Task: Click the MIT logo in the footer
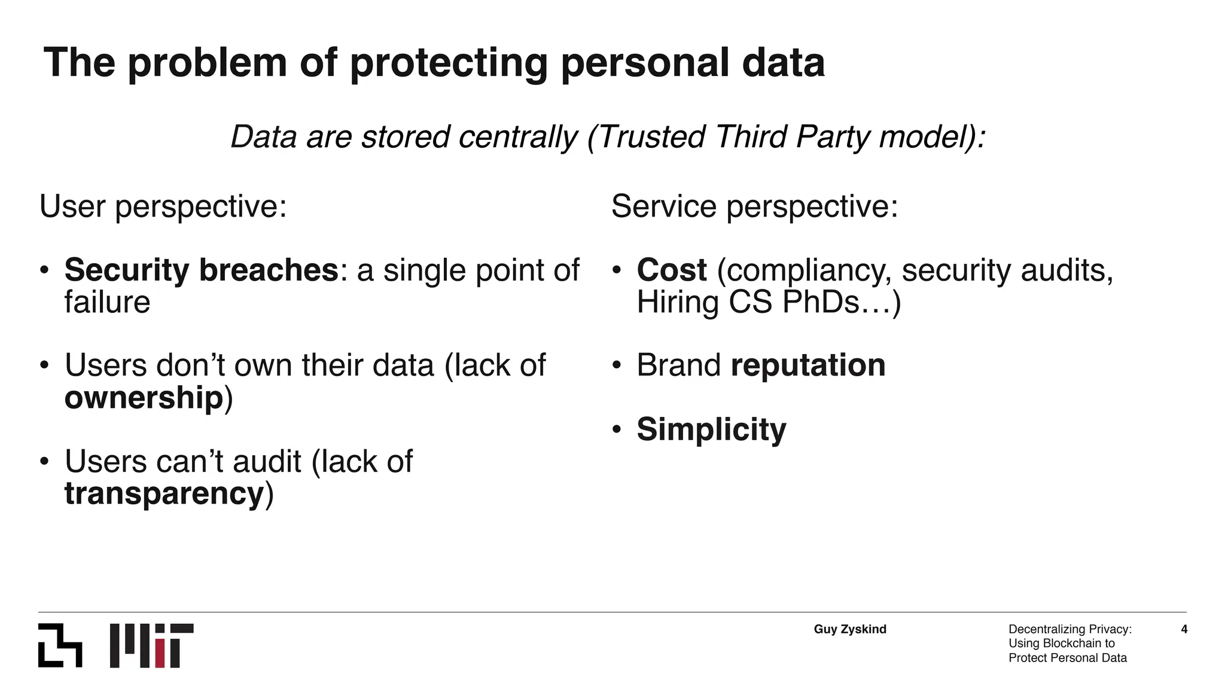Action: coord(151,645)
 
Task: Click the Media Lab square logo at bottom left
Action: coord(60,645)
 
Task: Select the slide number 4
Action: coord(1184,629)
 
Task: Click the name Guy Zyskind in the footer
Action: coord(850,629)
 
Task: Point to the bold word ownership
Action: coord(144,398)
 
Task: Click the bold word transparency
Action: coord(164,494)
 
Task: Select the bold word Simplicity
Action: coord(711,429)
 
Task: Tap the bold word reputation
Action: coord(808,365)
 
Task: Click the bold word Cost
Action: coord(672,270)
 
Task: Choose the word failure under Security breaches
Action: coord(107,302)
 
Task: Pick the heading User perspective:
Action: coord(163,207)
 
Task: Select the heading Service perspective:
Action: coord(754,207)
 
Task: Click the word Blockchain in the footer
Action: coord(1072,644)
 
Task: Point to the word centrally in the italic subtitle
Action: coord(518,137)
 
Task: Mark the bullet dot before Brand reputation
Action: coord(617,365)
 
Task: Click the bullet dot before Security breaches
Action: coord(44,270)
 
